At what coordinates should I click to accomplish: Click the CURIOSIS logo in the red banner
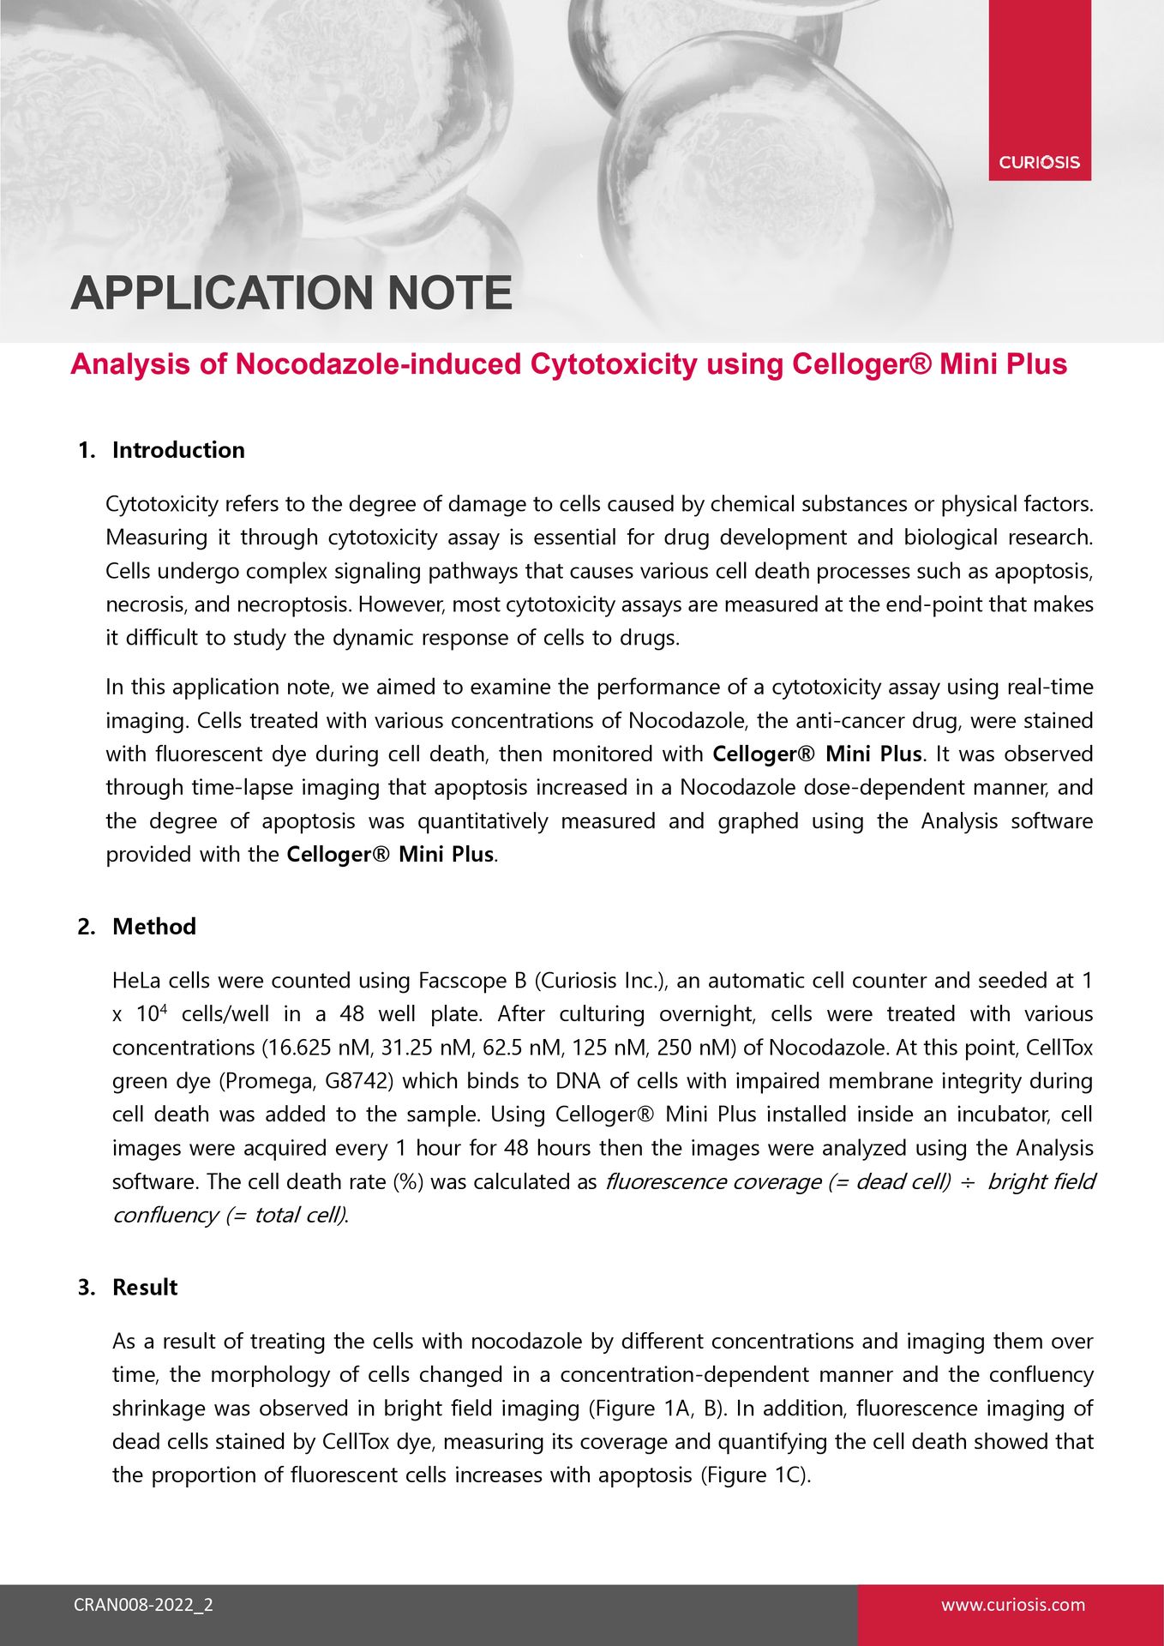pyautogui.click(x=1039, y=162)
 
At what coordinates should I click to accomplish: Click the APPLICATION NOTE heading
pyautogui.click(x=291, y=293)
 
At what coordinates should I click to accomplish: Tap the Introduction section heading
pyautogui.click(x=178, y=450)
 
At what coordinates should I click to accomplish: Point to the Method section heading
pyautogui.click(x=154, y=927)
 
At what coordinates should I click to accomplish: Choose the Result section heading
pyautogui.click(x=145, y=1288)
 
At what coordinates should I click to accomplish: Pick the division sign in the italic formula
pyautogui.click(x=968, y=1182)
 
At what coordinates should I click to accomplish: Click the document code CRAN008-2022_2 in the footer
pyautogui.click(x=143, y=1605)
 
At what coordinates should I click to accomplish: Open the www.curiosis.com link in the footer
pyautogui.click(x=1012, y=1605)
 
